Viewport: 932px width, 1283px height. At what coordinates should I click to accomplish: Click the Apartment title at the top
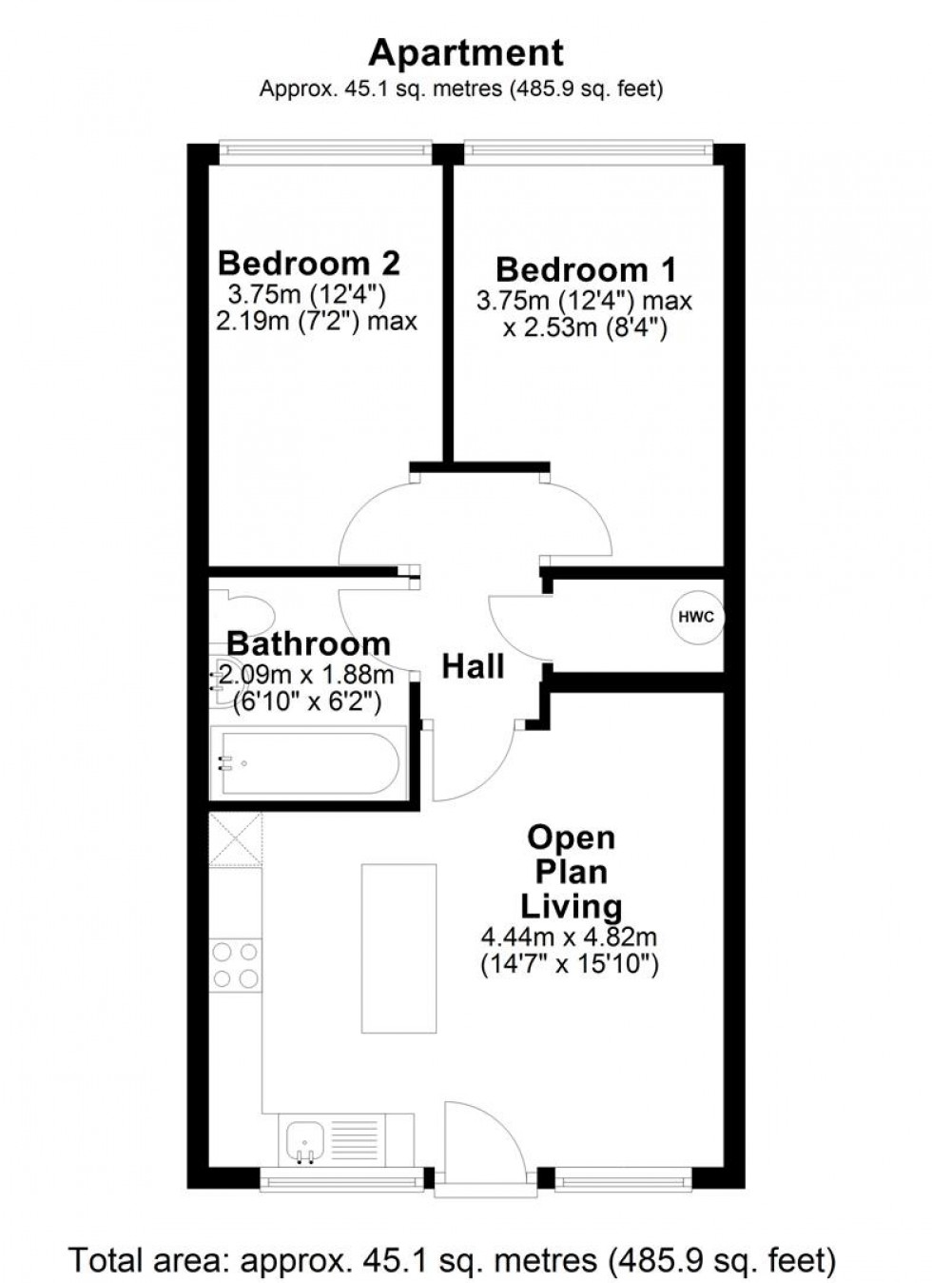465,52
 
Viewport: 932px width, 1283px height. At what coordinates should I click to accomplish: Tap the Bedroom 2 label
309,263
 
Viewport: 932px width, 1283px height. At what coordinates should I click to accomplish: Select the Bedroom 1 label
586,269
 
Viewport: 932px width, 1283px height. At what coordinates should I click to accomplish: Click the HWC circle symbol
696,617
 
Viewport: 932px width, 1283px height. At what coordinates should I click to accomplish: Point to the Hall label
473,666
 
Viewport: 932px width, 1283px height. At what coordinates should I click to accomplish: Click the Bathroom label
308,643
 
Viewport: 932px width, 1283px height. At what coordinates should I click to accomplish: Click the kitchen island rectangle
398,948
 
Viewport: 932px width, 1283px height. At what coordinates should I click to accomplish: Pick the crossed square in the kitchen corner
236,839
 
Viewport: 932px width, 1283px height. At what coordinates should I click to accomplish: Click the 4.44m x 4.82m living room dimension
570,938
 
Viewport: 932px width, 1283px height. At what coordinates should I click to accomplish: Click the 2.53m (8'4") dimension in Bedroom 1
585,329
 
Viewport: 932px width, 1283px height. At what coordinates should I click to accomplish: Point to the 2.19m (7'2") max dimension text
317,322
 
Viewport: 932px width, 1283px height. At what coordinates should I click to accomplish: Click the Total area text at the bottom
453,1260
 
